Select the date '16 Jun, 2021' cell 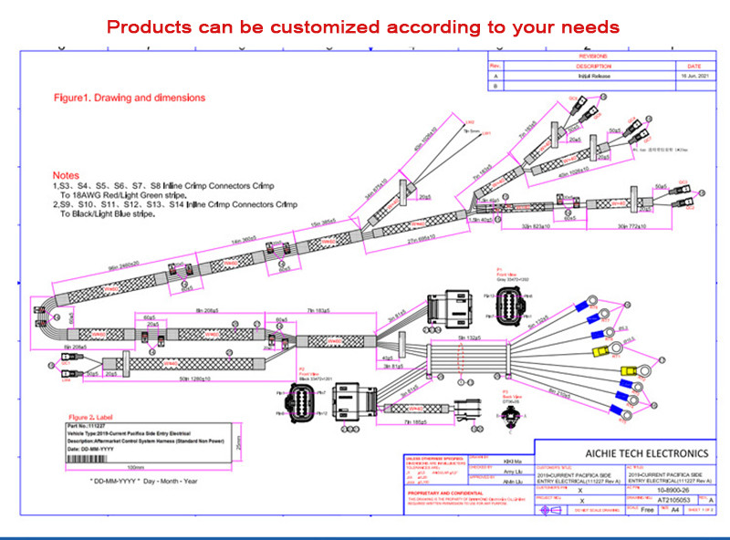[x=689, y=77]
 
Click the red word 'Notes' [x=66, y=175]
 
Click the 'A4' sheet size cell [x=675, y=511]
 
